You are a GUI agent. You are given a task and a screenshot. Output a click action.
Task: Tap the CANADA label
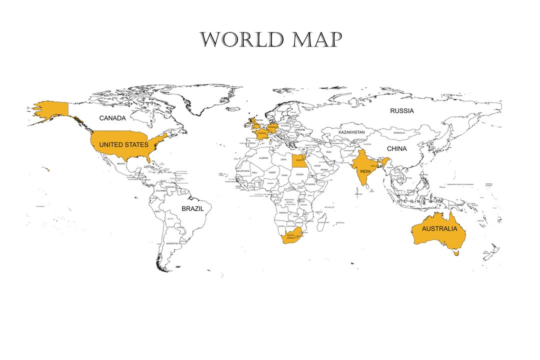click(x=112, y=118)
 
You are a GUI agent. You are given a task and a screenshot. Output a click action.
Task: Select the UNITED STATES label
click(x=123, y=145)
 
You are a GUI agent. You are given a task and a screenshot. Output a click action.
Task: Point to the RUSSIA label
click(x=402, y=111)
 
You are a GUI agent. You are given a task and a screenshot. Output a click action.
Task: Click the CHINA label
click(x=396, y=149)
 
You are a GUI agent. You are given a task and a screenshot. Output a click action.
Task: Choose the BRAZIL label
click(x=192, y=208)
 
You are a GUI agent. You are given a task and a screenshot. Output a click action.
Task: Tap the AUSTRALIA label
click(x=439, y=229)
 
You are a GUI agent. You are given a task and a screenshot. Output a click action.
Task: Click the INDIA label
click(x=365, y=171)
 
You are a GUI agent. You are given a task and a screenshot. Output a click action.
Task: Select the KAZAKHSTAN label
click(x=351, y=132)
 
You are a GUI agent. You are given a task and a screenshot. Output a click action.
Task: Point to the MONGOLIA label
click(x=399, y=133)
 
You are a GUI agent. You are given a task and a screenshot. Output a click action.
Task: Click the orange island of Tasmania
click(x=455, y=253)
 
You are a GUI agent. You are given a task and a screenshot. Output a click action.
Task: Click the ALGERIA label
click(x=263, y=158)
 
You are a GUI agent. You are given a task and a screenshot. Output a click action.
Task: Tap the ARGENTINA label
click(x=172, y=243)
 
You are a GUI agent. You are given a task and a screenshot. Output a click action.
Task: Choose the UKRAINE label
click(x=299, y=129)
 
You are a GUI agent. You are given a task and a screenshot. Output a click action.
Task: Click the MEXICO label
click(x=121, y=163)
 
